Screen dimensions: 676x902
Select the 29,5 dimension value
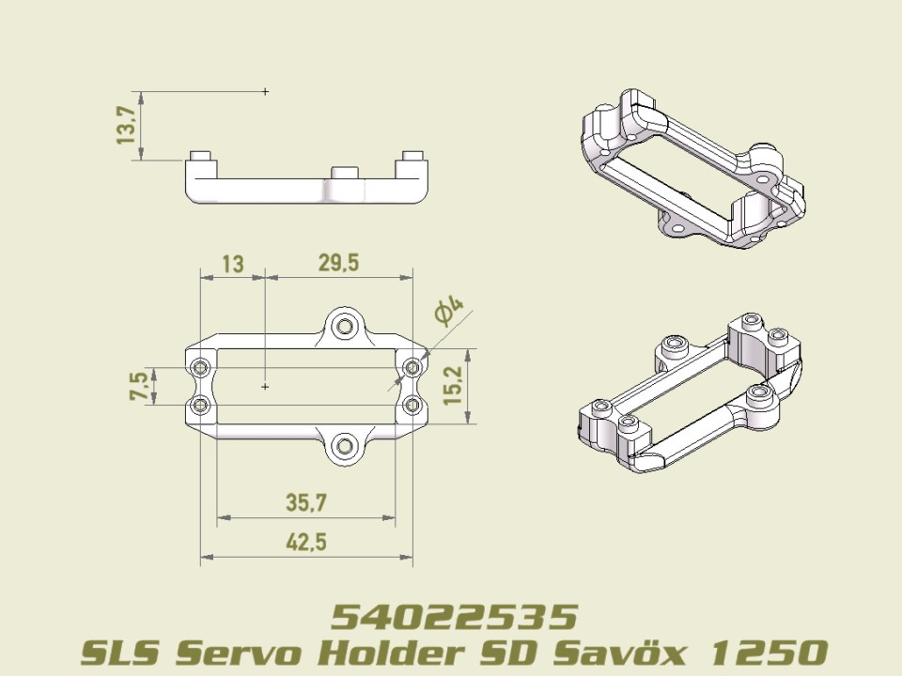[338, 264]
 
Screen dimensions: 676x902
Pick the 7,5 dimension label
[139, 385]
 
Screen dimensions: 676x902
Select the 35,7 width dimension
[305, 503]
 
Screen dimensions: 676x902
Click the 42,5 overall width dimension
[305, 544]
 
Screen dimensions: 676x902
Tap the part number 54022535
[453, 617]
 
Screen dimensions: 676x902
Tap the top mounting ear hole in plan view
[347, 326]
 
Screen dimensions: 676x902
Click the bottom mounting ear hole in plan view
[347, 445]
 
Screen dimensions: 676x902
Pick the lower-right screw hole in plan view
[412, 405]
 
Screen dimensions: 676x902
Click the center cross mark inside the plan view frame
[266, 386]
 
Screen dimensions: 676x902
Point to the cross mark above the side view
[266, 91]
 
